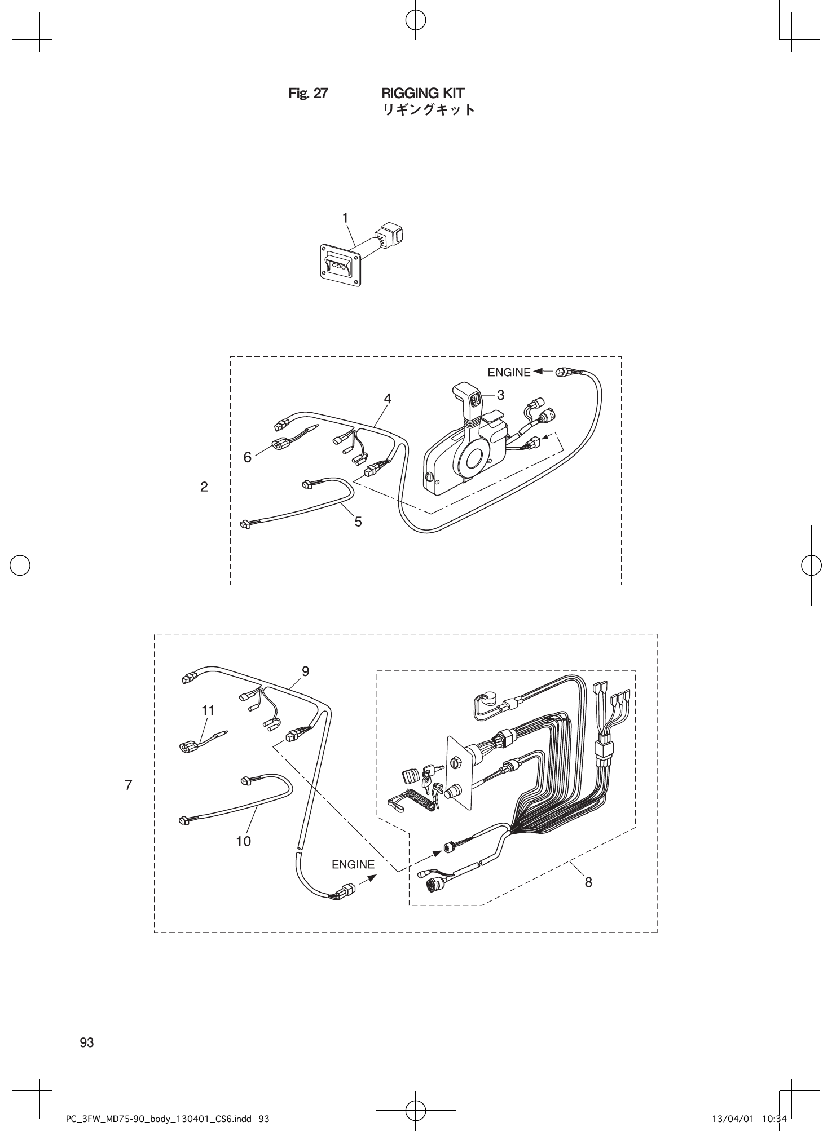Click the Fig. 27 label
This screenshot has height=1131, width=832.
click(x=307, y=94)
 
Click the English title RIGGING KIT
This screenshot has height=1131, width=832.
click(x=422, y=93)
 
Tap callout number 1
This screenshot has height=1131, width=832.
click(x=345, y=218)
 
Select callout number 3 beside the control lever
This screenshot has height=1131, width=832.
click(x=500, y=395)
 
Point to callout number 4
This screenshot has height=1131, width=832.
click(x=388, y=399)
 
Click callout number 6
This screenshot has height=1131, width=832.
click(x=248, y=458)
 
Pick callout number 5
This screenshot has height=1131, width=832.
click(x=358, y=522)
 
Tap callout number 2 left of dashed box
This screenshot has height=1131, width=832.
click(x=204, y=486)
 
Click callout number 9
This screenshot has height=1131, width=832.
click(x=305, y=671)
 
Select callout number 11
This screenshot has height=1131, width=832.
click(x=208, y=711)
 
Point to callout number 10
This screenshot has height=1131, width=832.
click(x=244, y=841)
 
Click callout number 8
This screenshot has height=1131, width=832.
click(x=588, y=882)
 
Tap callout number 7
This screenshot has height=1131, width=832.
click(x=129, y=785)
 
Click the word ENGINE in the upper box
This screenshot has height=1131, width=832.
click(x=509, y=372)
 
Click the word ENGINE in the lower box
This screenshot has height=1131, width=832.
click(x=353, y=864)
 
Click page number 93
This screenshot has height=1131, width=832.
click(x=87, y=1042)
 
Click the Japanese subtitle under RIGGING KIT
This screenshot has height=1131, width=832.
click(x=429, y=109)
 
